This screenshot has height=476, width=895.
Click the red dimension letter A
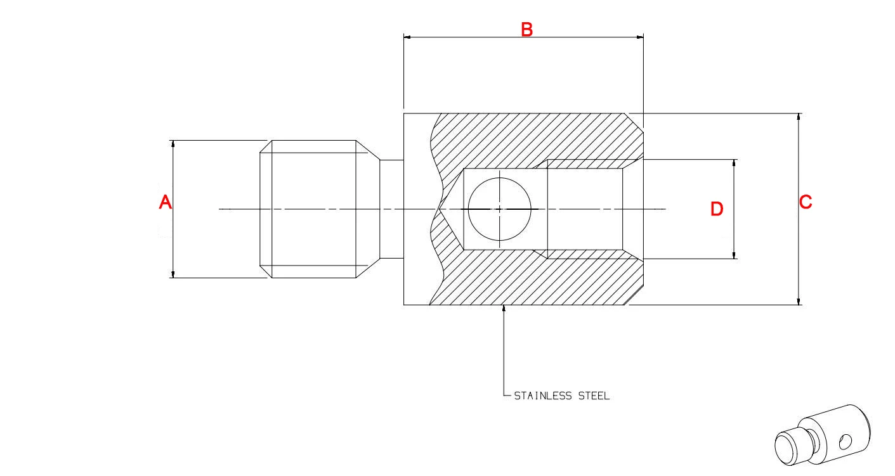[165, 202]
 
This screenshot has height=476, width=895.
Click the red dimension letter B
[526, 29]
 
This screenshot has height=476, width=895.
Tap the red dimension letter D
[716, 209]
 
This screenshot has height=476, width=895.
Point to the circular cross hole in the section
[499, 209]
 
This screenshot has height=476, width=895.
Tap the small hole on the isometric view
[844, 442]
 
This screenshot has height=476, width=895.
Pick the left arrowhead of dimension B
[408, 37]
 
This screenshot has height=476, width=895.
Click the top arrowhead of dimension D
[734, 164]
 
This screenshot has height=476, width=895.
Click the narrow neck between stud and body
[391, 209]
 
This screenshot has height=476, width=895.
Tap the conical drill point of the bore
[452, 209]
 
